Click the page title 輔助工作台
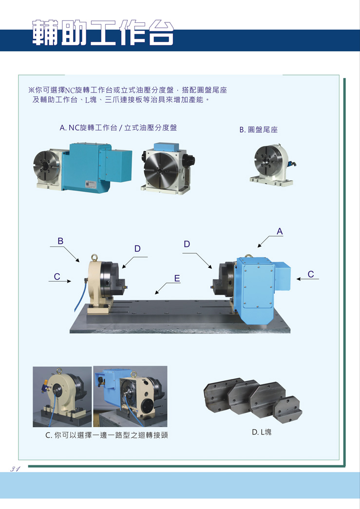pyautogui.click(x=103, y=33)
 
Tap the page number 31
pyautogui.click(x=15, y=469)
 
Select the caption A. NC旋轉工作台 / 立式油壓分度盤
pyautogui.click(x=118, y=128)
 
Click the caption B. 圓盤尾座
pyautogui.click(x=258, y=130)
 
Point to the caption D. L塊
pyautogui.click(x=261, y=432)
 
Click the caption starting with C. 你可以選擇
pyautogui.click(x=107, y=435)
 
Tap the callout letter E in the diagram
pyautogui.click(x=177, y=279)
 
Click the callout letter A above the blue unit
pyautogui.click(x=280, y=231)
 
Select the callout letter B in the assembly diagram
pyautogui.click(x=60, y=241)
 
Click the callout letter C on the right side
pyautogui.click(x=311, y=274)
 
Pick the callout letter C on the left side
pyautogui.click(x=57, y=277)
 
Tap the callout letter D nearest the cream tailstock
pyautogui.click(x=137, y=249)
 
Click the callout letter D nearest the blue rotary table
pyautogui.click(x=187, y=244)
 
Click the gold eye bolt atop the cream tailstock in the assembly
pyautogui.click(x=95, y=258)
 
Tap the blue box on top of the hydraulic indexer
pyautogui.click(x=167, y=147)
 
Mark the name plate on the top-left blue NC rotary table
pyautogui.click(x=90, y=184)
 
